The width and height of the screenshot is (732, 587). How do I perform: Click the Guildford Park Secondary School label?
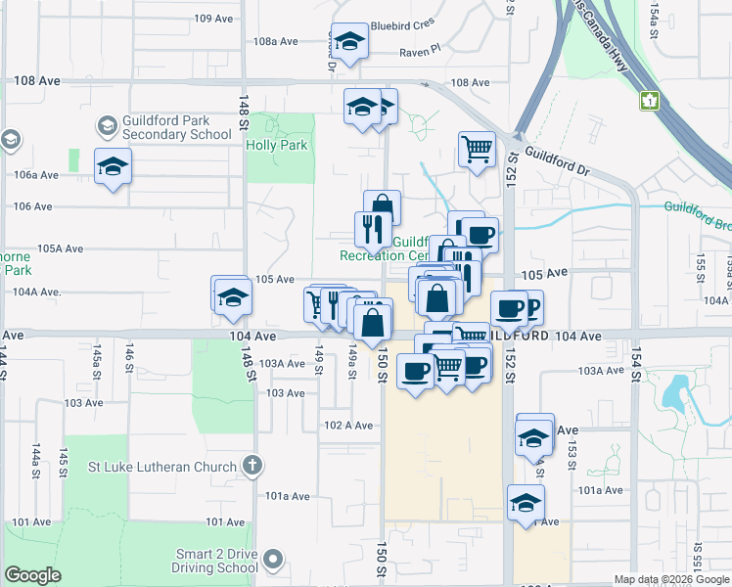[163, 127]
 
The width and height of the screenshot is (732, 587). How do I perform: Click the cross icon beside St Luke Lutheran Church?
[252, 467]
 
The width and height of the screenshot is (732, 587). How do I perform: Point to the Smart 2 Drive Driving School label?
[215, 561]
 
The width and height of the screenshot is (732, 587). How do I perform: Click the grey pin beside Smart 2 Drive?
[273, 561]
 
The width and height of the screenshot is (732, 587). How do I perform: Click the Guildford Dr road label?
[557, 159]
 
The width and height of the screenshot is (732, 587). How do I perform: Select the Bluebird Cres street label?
[402, 25]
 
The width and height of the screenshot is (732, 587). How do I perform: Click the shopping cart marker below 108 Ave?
[476, 150]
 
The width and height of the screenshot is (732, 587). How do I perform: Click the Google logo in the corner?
[32, 575]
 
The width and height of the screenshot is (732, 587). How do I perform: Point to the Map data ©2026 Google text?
[670, 579]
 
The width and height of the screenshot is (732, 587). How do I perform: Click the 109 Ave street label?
[215, 19]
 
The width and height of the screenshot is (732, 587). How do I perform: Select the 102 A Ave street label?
[349, 425]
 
